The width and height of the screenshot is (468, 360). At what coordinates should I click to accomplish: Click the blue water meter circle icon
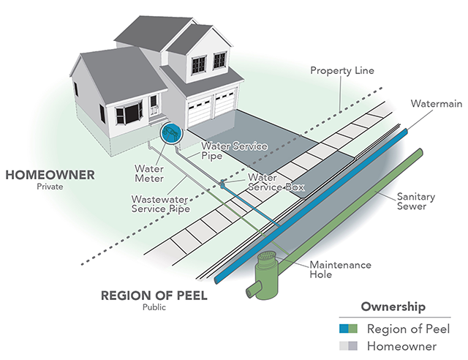tap(171, 134)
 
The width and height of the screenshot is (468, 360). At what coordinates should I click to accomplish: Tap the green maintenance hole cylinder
tap(266, 275)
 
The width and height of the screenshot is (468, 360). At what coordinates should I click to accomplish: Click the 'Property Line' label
tap(342, 70)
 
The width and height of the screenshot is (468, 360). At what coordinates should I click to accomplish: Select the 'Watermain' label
tap(436, 104)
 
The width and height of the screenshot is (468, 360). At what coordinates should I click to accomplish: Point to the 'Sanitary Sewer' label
tap(416, 201)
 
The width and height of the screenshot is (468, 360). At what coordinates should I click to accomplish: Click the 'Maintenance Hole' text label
tap(340, 269)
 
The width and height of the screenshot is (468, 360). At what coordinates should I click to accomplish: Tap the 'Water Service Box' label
tap(276, 182)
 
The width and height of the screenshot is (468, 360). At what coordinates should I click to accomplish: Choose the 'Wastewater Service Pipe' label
tap(161, 203)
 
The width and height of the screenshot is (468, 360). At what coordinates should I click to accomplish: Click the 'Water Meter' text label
tap(149, 173)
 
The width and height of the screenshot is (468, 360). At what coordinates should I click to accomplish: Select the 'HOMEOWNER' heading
tap(50, 175)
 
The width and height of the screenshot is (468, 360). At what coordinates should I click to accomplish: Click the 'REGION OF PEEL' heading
tap(154, 296)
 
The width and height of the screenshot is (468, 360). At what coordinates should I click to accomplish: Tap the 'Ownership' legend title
tap(393, 307)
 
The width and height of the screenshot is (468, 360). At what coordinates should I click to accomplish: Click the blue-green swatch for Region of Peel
tap(348, 329)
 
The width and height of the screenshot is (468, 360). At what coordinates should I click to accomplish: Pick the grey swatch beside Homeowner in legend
tap(348, 346)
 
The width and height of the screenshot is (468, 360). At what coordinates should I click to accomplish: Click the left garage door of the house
tap(200, 113)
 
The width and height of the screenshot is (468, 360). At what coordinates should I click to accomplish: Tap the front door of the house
tap(154, 106)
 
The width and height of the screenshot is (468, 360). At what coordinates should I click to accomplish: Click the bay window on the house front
tap(129, 113)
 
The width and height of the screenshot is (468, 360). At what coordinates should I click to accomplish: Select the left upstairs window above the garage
tap(199, 65)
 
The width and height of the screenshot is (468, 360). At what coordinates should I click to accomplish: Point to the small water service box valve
tap(222, 184)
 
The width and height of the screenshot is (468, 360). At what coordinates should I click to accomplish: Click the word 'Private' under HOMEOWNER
tap(50, 187)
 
